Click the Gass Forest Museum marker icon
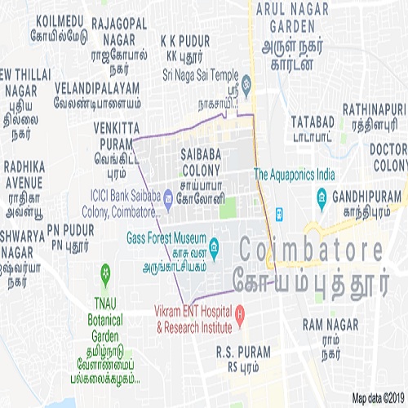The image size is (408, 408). point(214,245)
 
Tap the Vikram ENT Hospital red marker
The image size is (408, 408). point(240,313)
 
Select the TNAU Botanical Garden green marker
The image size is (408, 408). point(104,271)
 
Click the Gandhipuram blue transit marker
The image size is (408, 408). point(322,197)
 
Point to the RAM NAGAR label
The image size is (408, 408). point(330,324)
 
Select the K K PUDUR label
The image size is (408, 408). point(185,40)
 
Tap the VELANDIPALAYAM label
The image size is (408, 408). point(97,86)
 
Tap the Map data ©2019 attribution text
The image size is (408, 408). point(379,398)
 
